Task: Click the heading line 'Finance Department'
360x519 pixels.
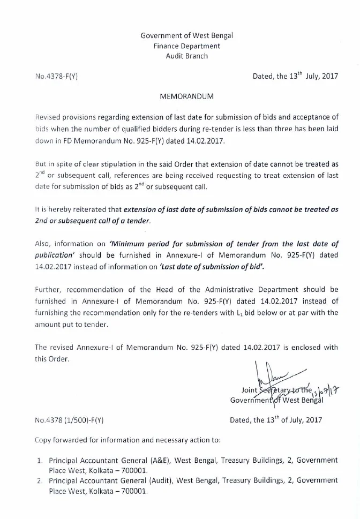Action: (x=186, y=46)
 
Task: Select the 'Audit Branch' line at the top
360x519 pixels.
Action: (x=186, y=56)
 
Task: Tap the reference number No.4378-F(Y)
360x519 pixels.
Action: (x=56, y=77)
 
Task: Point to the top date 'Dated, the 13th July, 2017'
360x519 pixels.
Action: (x=295, y=76)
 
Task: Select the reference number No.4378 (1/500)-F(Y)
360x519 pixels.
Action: (x=69, y=420)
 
